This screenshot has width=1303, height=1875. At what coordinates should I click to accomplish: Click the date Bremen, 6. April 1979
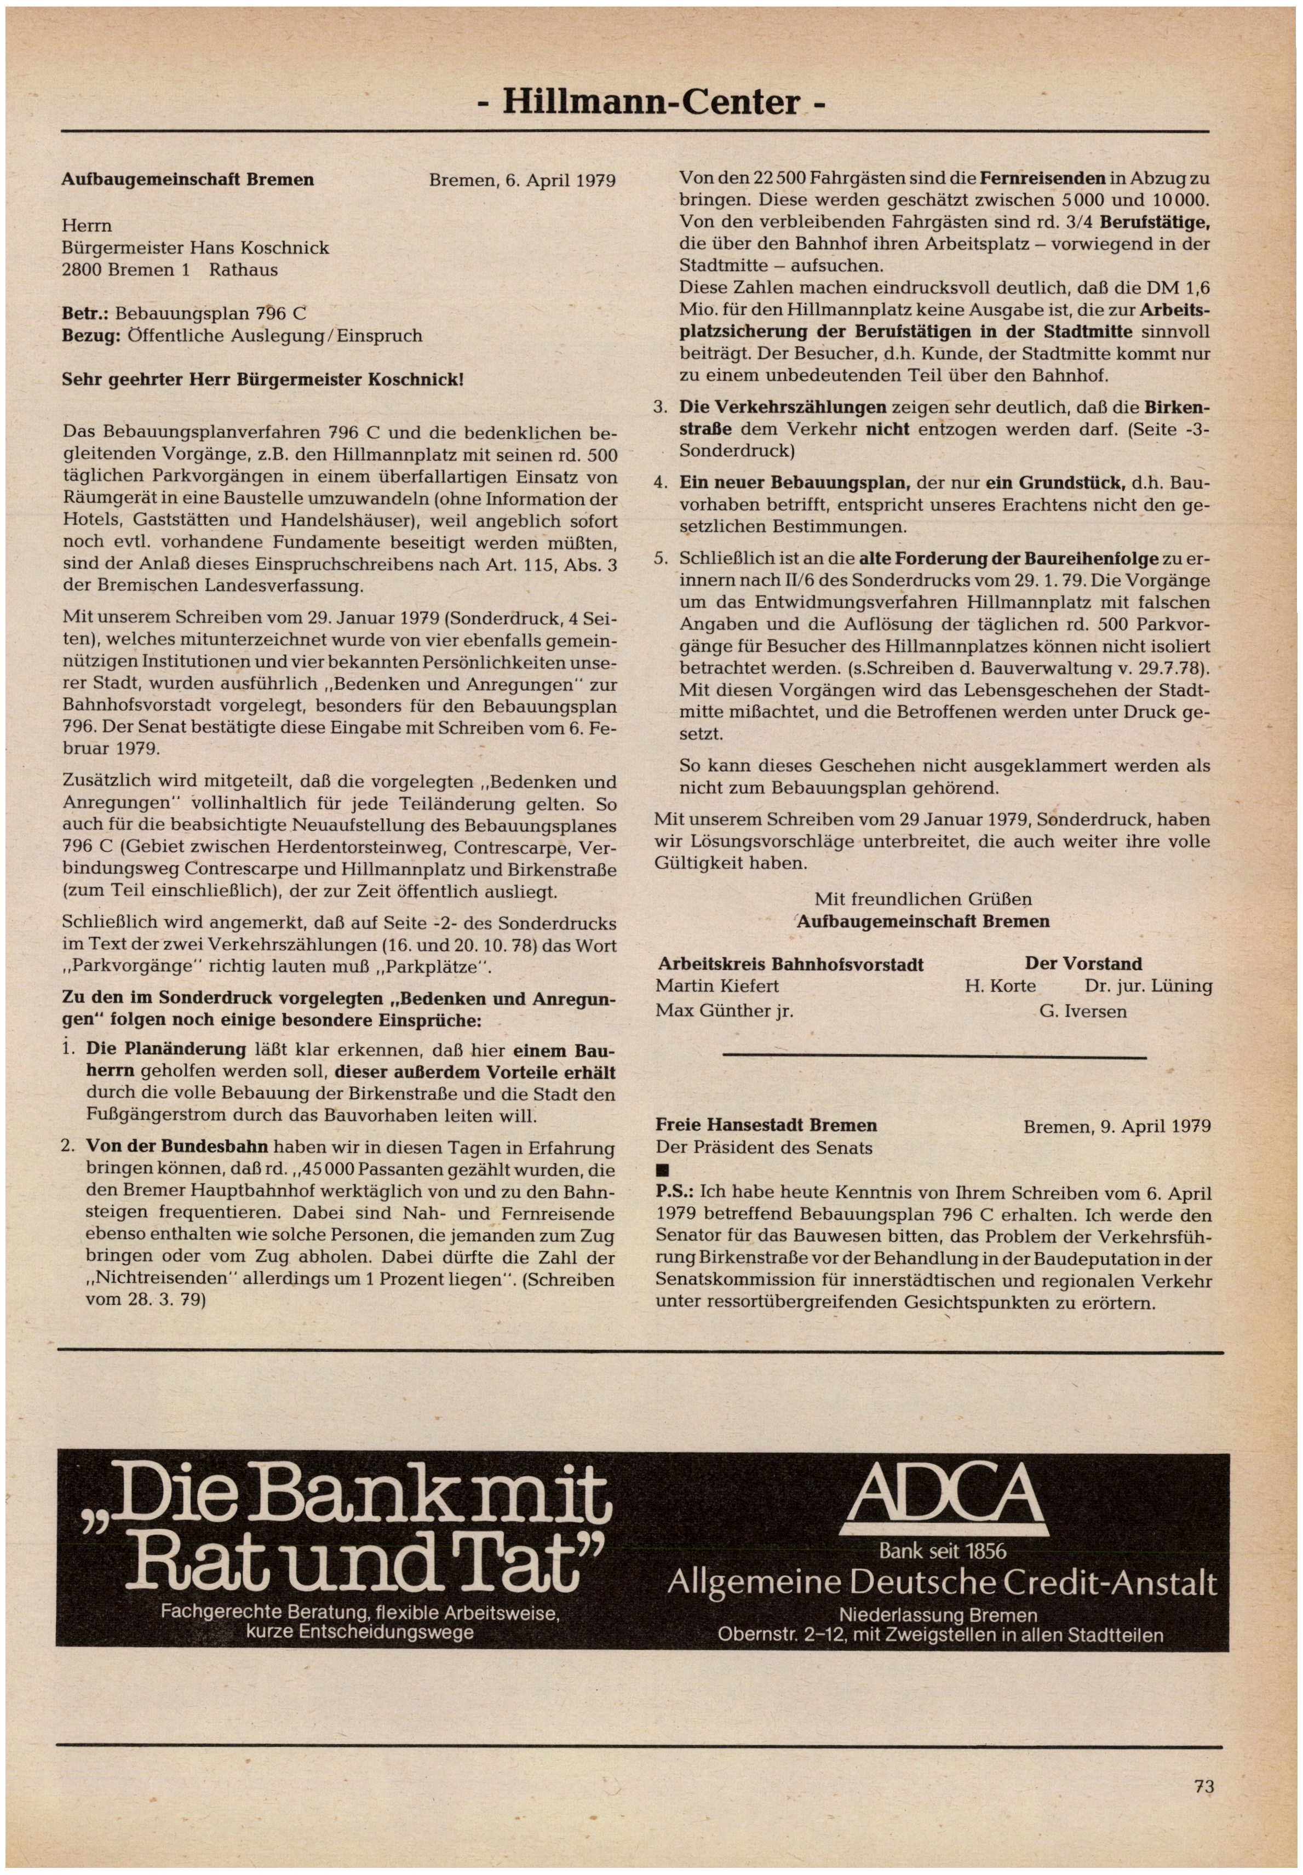(x=521, y=180)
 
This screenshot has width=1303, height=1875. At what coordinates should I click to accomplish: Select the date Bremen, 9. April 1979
(x=1117, y=1126)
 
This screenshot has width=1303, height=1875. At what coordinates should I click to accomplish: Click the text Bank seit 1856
(x=942, y=1551)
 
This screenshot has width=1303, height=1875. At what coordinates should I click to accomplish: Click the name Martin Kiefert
(x=717, y=986)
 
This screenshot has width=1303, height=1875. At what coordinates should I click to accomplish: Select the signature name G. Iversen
(x=1083, y=1011)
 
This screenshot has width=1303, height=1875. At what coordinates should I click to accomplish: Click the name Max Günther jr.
(x=724, y=1011)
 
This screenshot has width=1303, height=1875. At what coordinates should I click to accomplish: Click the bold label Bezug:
(x=91, y=335)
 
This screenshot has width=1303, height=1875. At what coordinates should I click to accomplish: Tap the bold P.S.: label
(x=674, y=1192)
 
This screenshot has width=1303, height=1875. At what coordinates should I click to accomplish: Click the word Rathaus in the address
(x=243, y=270)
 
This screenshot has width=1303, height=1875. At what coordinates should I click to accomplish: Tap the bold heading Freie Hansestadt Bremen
(x=766, y=1126)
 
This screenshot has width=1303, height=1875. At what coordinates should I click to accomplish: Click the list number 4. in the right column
(x=661, y=483)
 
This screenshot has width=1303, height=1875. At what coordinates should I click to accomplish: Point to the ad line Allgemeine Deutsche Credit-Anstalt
(x=942, y=1584)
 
